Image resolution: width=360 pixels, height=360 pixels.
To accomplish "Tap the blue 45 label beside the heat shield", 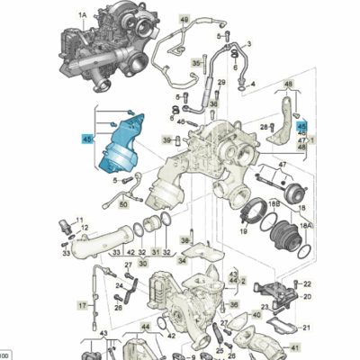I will pyautogui.click(x=87, y=139).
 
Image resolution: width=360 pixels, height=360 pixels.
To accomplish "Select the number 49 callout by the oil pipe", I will pyautogui.click(x=184, y=19).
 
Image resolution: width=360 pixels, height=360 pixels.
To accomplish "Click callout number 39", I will pyautogui.click(x=166, y=139).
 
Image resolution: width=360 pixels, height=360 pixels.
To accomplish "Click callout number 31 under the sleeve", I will pyautogui.click(x=155, y=253).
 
